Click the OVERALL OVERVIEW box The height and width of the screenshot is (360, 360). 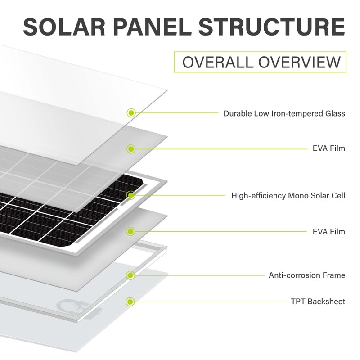point(261,62)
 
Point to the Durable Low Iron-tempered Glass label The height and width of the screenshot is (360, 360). point(284,113)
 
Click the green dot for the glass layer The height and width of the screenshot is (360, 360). point(131,112)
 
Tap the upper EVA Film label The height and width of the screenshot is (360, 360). point(329,148)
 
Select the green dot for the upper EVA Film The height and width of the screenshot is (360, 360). point(131,148)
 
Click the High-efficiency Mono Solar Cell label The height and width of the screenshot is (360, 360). point(288,196)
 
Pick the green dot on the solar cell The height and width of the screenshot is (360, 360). point(131,195)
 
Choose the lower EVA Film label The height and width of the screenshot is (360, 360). point(329,232)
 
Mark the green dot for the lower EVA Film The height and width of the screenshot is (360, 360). point(131,232)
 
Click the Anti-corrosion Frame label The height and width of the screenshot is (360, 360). point(307,275)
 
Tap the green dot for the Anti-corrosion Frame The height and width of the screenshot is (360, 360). point(131,275)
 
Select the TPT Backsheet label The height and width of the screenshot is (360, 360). point(318,301)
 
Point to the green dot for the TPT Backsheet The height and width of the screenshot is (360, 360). point(131,301)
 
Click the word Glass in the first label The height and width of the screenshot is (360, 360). point(335,113)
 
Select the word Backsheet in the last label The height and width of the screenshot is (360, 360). point(327,301)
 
